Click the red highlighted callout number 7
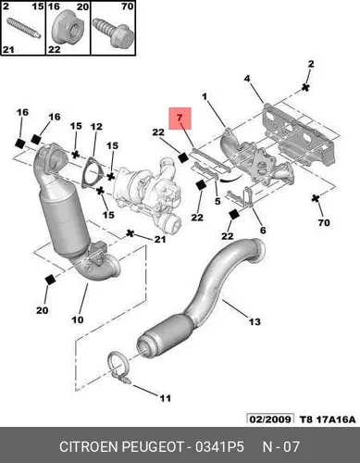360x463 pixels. pos(180,118)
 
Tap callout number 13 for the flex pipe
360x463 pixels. pos(254,322)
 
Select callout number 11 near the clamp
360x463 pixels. pos(165,398)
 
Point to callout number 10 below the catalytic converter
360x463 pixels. pos(78,319)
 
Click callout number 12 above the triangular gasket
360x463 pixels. pos(96,127)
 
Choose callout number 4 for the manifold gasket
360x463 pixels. pos(247,79)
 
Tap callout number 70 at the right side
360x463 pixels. pos(324,222)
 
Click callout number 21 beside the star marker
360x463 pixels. pos(160,239)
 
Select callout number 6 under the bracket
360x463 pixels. pos(263,230)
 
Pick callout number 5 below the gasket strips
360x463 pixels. pos(217,202)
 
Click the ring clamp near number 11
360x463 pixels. pos(118,369)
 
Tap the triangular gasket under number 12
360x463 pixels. pos(91,173)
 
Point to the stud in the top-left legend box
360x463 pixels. pos(23,29)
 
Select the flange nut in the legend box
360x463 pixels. pos(66,27)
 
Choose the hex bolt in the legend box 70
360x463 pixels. pos(113,33)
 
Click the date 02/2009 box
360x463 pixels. pos(270,419)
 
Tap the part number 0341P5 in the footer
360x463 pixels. pos(219,446)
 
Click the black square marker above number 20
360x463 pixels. pos(50,280)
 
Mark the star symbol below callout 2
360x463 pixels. pos(305,87)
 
